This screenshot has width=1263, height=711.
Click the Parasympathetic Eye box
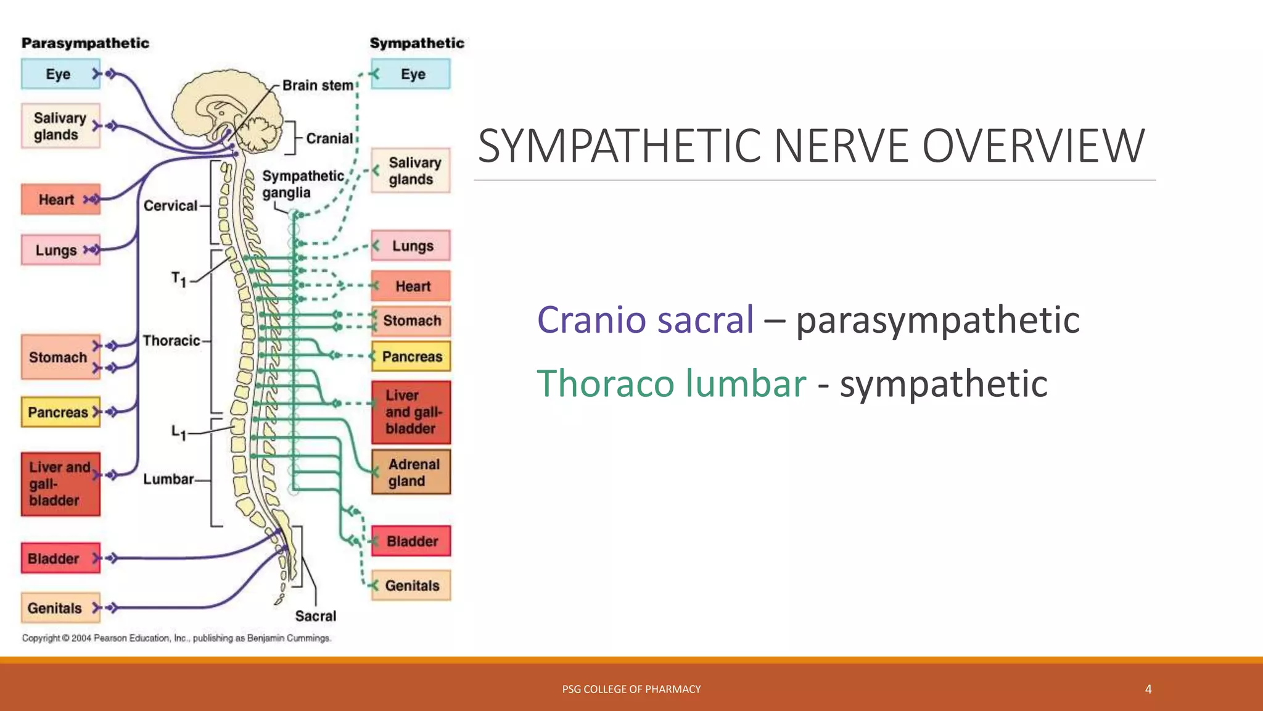(x=60, y=74)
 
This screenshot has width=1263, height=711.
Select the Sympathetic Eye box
(x=411, y=74)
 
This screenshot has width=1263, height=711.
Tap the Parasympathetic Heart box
(x=60, y=199)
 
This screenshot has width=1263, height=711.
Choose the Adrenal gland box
(x=411, y=472)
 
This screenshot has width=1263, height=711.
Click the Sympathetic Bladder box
(x=411, y=541)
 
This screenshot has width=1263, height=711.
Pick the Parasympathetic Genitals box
(x=60, y=608)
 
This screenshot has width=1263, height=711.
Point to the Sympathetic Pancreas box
(x=411, y=356)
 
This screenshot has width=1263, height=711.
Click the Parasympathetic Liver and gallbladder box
(x=60, y=484)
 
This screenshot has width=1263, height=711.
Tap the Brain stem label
(x=318, y=85)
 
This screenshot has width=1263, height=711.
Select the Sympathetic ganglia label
(x=302, y=184)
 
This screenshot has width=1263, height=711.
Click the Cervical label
(x=170, y=206)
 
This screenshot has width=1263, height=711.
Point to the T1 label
(x=178, y=280)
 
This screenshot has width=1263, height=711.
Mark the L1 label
(x=178, y=432)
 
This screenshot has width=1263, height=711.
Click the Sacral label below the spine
(x=315, y=616)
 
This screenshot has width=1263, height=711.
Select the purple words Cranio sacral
(x=645, y=320)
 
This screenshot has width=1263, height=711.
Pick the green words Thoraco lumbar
(x=671, y=383)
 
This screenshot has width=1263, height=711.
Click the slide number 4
(x=1148, y=689)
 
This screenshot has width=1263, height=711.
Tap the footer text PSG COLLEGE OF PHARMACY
(x=631, y=689)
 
